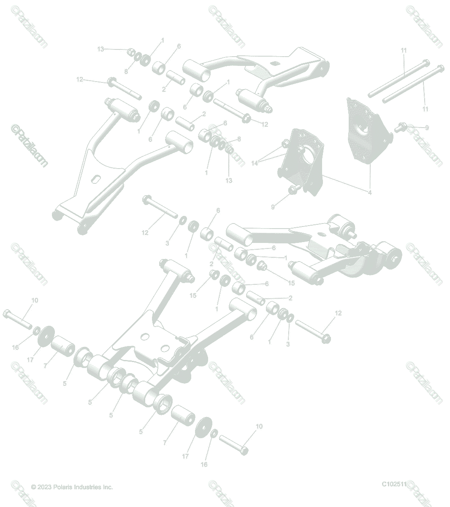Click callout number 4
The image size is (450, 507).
370,192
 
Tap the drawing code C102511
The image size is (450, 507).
394,484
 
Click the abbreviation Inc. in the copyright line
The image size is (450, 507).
108,487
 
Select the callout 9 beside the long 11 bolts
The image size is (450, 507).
426,128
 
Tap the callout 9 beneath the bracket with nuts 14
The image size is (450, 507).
273,207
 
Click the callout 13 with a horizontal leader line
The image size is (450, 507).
100,49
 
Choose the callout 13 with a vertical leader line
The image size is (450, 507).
229,181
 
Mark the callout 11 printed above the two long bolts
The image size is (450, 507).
404,51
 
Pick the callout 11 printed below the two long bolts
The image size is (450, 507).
425,109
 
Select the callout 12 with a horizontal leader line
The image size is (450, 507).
80,79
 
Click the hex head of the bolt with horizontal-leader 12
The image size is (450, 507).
112,81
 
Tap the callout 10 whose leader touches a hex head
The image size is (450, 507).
259,426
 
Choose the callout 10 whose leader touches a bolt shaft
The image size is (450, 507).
35,300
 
